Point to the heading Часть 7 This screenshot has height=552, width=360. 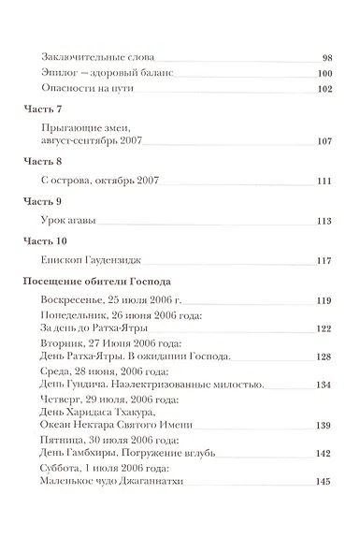tap(40, 110)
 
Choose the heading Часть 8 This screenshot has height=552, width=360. tap(40, 161)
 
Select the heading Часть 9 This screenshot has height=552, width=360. tap(40, 200)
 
